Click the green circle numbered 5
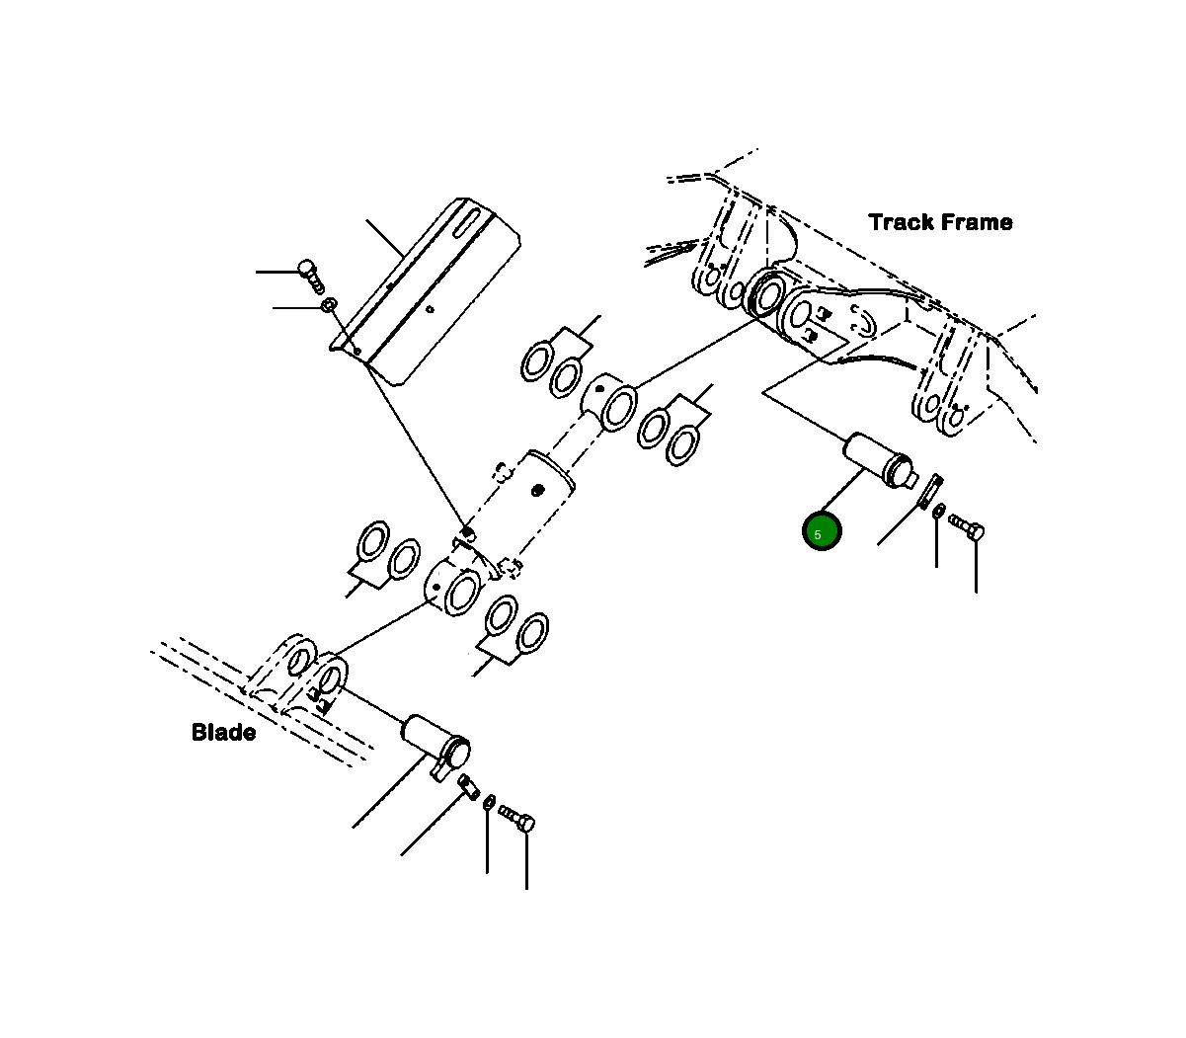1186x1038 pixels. [x=821, y=532]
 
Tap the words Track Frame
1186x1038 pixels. [x=940, y=222]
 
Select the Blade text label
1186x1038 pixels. [x=223, y=733]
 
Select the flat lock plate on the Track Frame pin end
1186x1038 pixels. [x=929, y=491]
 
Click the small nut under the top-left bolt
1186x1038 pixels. [x=329, y=305]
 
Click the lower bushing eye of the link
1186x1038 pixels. [x=453, y=591]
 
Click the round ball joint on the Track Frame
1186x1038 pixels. [x=765, y=292]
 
